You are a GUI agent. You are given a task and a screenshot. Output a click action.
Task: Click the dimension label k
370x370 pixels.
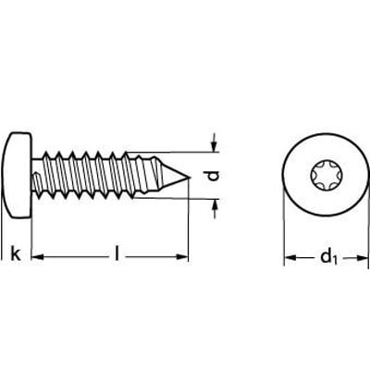tap(16, 253)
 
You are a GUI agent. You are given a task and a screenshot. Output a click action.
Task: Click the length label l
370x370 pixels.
tap(117, 253)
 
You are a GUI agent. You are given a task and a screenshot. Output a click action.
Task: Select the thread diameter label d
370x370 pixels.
tap(213, 176)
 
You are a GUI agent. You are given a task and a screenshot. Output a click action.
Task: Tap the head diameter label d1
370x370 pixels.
tap(329, 257)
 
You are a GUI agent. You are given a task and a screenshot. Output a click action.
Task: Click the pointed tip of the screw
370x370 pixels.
tap(189, 178)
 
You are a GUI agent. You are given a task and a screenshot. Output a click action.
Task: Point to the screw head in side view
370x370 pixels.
tap(17, 176)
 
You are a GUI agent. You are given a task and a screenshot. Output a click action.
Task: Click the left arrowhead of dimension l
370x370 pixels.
tap(38, 257)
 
